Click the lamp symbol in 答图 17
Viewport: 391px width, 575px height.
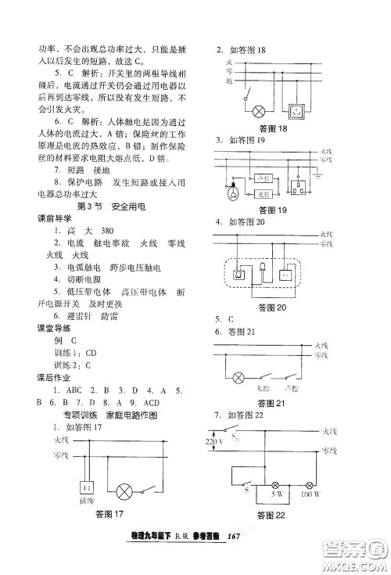coord(123,492)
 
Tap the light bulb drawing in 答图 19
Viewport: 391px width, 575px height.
coord(233,192)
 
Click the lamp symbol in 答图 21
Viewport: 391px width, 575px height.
coord(239,377)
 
